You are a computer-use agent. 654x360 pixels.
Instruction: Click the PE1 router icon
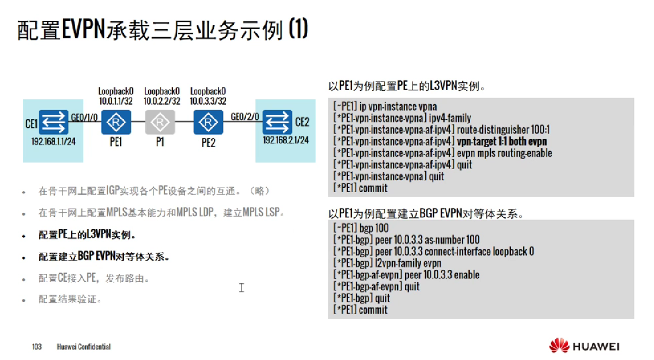116,122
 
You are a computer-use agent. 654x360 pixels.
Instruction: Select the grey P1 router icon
160,122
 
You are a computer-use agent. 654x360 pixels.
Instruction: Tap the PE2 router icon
208,122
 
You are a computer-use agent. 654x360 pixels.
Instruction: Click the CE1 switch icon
53,122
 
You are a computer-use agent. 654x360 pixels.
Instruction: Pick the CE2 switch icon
277,122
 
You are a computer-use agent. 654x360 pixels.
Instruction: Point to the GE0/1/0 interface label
84,117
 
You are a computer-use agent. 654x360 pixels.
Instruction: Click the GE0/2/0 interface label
245,117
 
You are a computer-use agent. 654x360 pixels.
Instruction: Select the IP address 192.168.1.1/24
53,141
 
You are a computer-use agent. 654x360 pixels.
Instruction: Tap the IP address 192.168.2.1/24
286,140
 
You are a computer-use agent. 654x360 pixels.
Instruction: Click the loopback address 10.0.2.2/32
162,101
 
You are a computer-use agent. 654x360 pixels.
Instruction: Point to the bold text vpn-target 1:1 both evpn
502,141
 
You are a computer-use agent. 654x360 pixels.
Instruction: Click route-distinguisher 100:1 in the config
503,130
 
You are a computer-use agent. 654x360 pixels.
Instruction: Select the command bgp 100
374,228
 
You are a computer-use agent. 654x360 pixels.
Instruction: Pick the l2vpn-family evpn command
408,263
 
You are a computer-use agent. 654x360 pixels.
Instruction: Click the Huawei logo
584,346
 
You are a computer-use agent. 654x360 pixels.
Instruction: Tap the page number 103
37,347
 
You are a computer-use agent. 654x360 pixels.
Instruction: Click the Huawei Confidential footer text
84,347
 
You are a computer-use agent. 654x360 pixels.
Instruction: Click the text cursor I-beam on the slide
241,288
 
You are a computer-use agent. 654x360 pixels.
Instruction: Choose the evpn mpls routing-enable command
504,153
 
